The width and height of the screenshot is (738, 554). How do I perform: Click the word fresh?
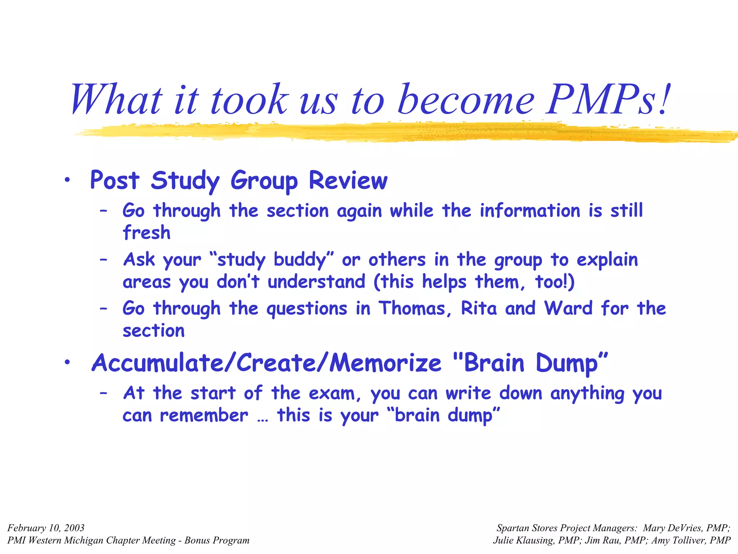click(x=146, y=232)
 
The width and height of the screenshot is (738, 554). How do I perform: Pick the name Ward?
click(x=568, y=309)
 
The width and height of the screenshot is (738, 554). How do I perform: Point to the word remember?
click(x=204, y=415)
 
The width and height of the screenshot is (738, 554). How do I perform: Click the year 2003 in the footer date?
click(x=74, y=528)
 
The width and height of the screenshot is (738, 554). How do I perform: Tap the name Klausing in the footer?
click(x=535, y=540)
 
